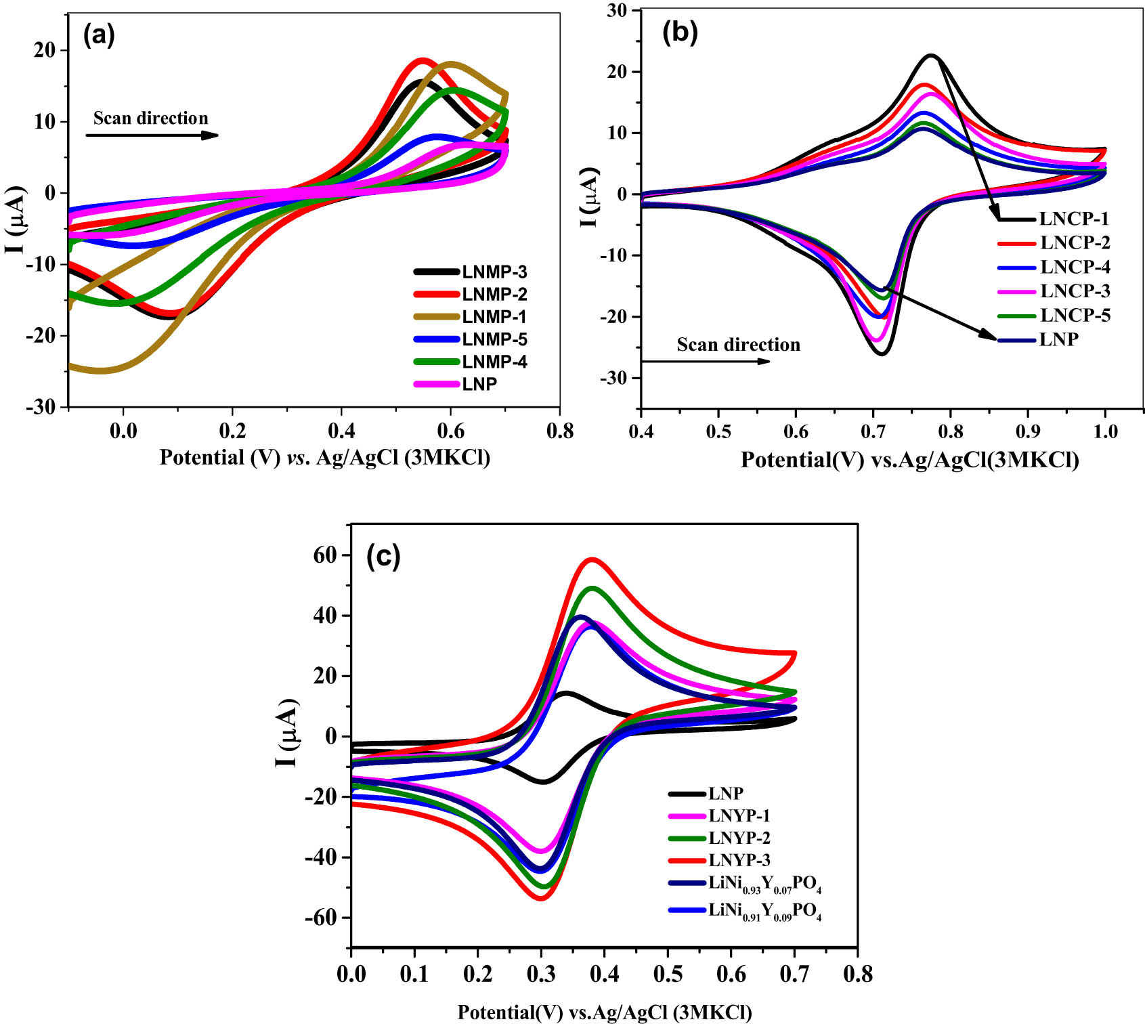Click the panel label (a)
click(x=99, y=35)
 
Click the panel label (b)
click(x=679, y=31)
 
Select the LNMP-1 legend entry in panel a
click(x=494, y=317)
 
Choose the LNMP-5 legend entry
click(x=494, y=339)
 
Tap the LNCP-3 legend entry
click(x=1075, y=291)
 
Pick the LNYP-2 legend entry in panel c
click(x=739, y=838)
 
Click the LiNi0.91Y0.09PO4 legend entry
click(x=764, y=912)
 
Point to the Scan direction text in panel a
click(x=150, y=119)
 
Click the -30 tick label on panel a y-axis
click(x=41, y=407)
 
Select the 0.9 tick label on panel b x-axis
click(x=1028, y=431)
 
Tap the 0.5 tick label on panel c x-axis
click(x=668, y=975)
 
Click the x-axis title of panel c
click(x=604, y=1012)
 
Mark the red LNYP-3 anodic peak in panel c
click(x=592, y=559)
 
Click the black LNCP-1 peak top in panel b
click(x=932, y=56)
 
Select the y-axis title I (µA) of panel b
click(x=590, y=196)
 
